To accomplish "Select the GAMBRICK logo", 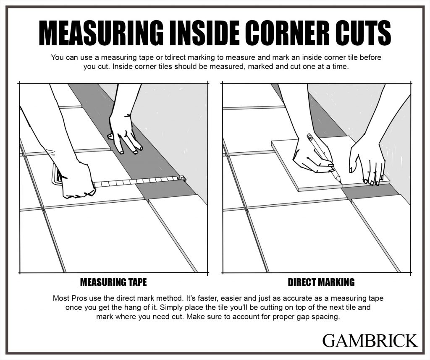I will point(370,340).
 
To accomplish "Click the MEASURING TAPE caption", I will point(113,282).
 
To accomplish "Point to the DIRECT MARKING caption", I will point(321,282).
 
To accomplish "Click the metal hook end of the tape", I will point(182,179).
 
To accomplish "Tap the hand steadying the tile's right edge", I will point(367,162).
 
